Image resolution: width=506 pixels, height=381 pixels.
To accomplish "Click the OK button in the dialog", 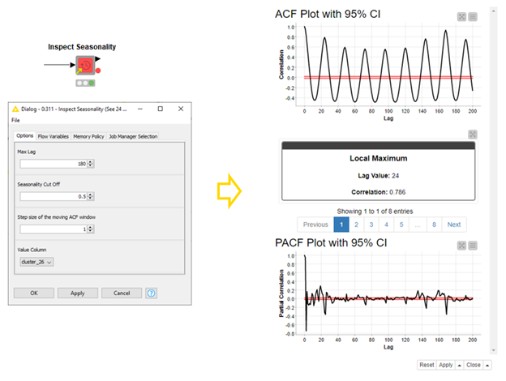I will click(x=34, y=293).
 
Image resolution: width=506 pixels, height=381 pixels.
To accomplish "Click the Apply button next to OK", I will click(x=78, y=293).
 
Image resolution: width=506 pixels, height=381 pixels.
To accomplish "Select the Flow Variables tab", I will click(x=54, y=136).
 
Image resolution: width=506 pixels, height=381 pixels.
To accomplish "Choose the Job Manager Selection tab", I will click(x=133, y=136).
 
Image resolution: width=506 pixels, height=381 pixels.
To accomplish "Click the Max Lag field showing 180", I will click(x=53, y=163).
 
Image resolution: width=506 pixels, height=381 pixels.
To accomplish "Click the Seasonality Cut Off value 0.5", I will click(x=53, y=195).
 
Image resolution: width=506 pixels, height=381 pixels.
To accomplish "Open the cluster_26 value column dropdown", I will click(x=36, y=262).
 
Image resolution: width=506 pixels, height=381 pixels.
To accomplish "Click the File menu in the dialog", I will click(x=16, y=120).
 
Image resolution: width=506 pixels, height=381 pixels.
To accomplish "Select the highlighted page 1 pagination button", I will click(x=341, y=225).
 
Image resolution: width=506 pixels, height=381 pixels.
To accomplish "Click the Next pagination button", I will click(x=453, y=225).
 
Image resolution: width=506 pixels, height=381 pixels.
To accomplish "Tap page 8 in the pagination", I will click(x=434, y=225).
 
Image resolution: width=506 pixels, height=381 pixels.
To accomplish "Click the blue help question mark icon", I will click(x=152, y=293).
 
